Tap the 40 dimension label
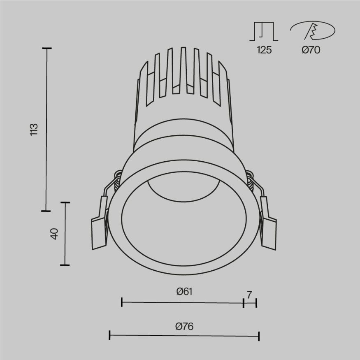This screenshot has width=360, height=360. coord(54,233)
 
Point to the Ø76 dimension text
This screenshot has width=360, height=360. coord(184,327)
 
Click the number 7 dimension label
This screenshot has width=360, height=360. coord(249,295)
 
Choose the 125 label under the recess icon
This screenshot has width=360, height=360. coord(264,50)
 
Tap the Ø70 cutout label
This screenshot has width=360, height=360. coord(311,50)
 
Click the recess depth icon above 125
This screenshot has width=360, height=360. coord(264,32)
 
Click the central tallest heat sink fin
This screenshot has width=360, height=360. coord(183,70)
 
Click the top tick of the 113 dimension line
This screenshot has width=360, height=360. coord(46,49)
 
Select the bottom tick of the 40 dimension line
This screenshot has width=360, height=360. coord(65,265)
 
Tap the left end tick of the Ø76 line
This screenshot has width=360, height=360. coord(109,335)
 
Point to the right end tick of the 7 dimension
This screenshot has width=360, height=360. coord(256,303)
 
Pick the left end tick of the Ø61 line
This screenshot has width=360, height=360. coord(122,303)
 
